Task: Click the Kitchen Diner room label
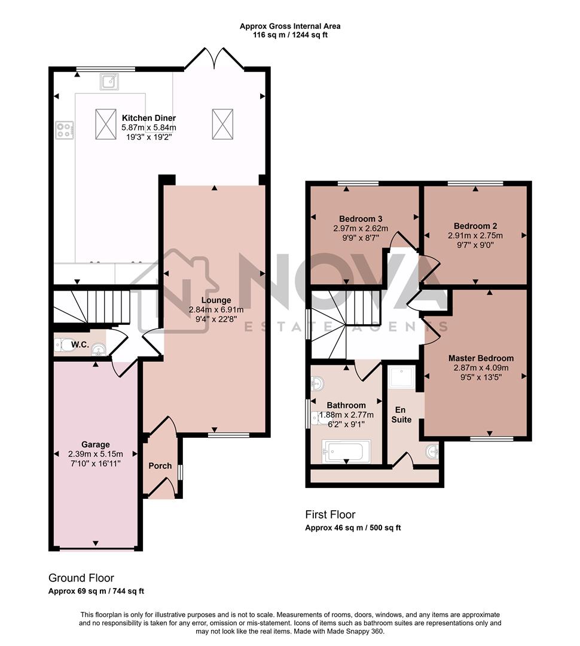click(149, 118)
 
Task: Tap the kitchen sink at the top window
click(109, 81)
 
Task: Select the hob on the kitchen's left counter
click(65, 130)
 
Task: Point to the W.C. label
click(80, 345)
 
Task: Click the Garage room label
click(96, 444)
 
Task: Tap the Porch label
click(160, 466)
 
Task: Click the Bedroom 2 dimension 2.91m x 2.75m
click(475, 236)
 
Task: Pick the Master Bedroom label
click(481, 358)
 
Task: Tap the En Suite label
click(401, 415)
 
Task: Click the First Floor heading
click(330, 514)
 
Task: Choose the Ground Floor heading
click(81, 578)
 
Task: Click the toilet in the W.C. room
click(63, 345)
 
